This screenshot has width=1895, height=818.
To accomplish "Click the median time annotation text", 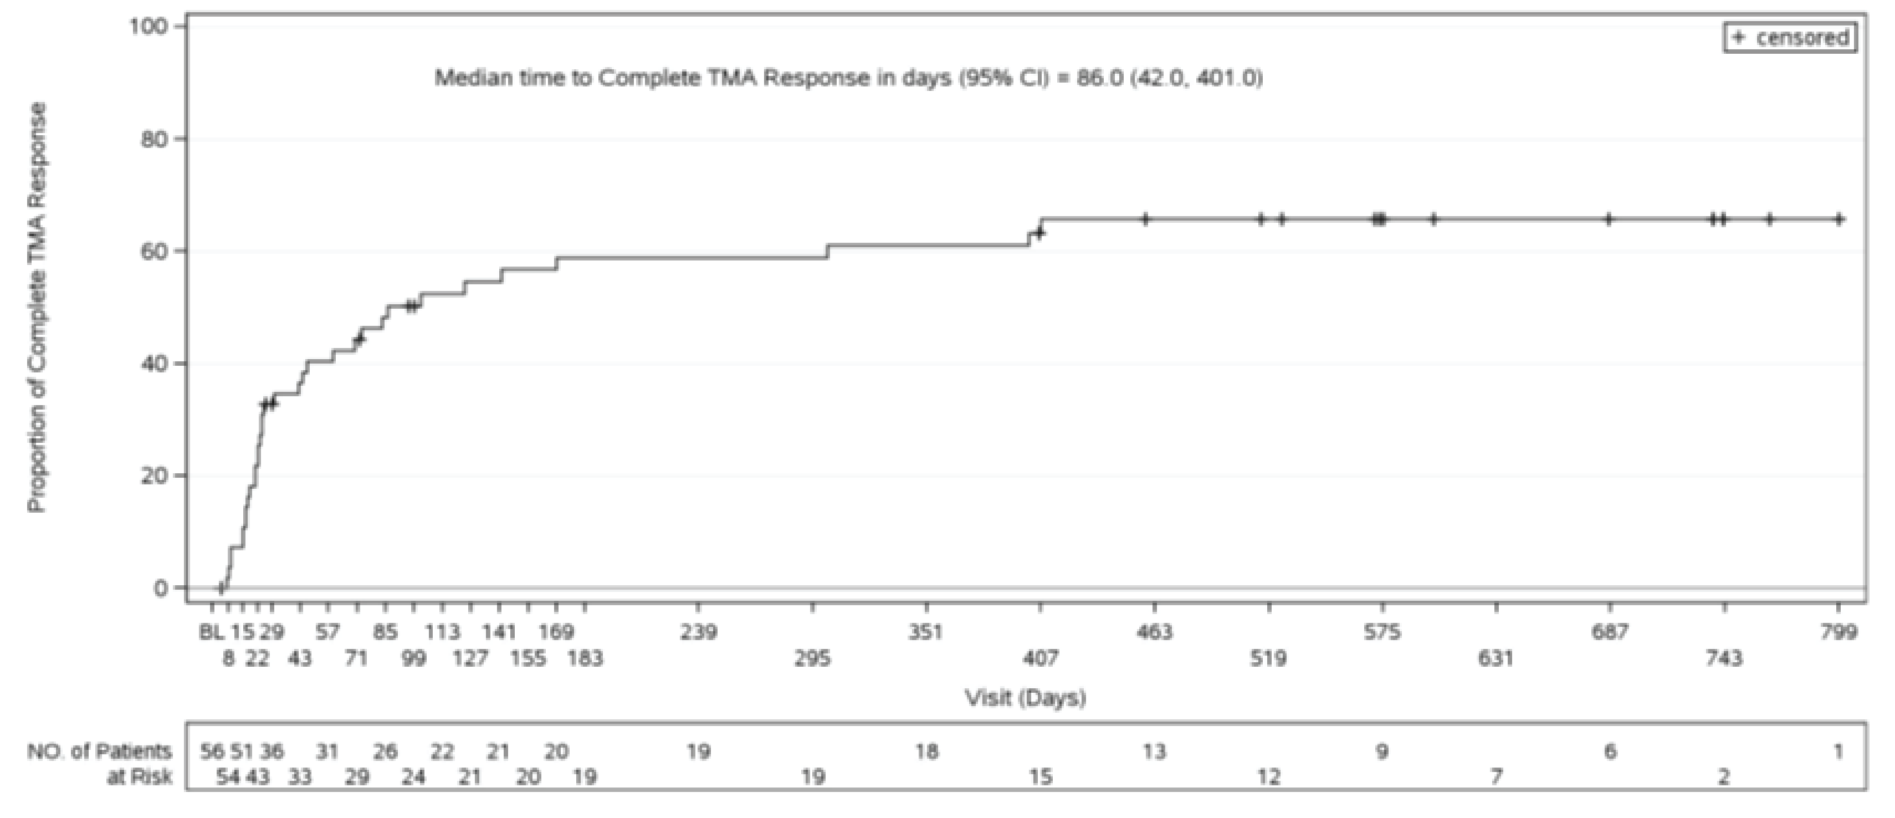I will point(848,78).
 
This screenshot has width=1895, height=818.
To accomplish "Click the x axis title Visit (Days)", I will point(1026,697).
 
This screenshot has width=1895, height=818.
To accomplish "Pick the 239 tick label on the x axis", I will point(698,632).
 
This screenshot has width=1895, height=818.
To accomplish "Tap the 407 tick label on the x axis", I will point(1040,658).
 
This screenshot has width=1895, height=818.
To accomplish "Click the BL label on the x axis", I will point(212,632).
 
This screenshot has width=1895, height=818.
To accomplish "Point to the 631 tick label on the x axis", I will point(1496,658).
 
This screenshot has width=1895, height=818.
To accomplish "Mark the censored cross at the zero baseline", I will point(220,588).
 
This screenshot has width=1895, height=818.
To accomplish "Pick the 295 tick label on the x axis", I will point(812,658).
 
